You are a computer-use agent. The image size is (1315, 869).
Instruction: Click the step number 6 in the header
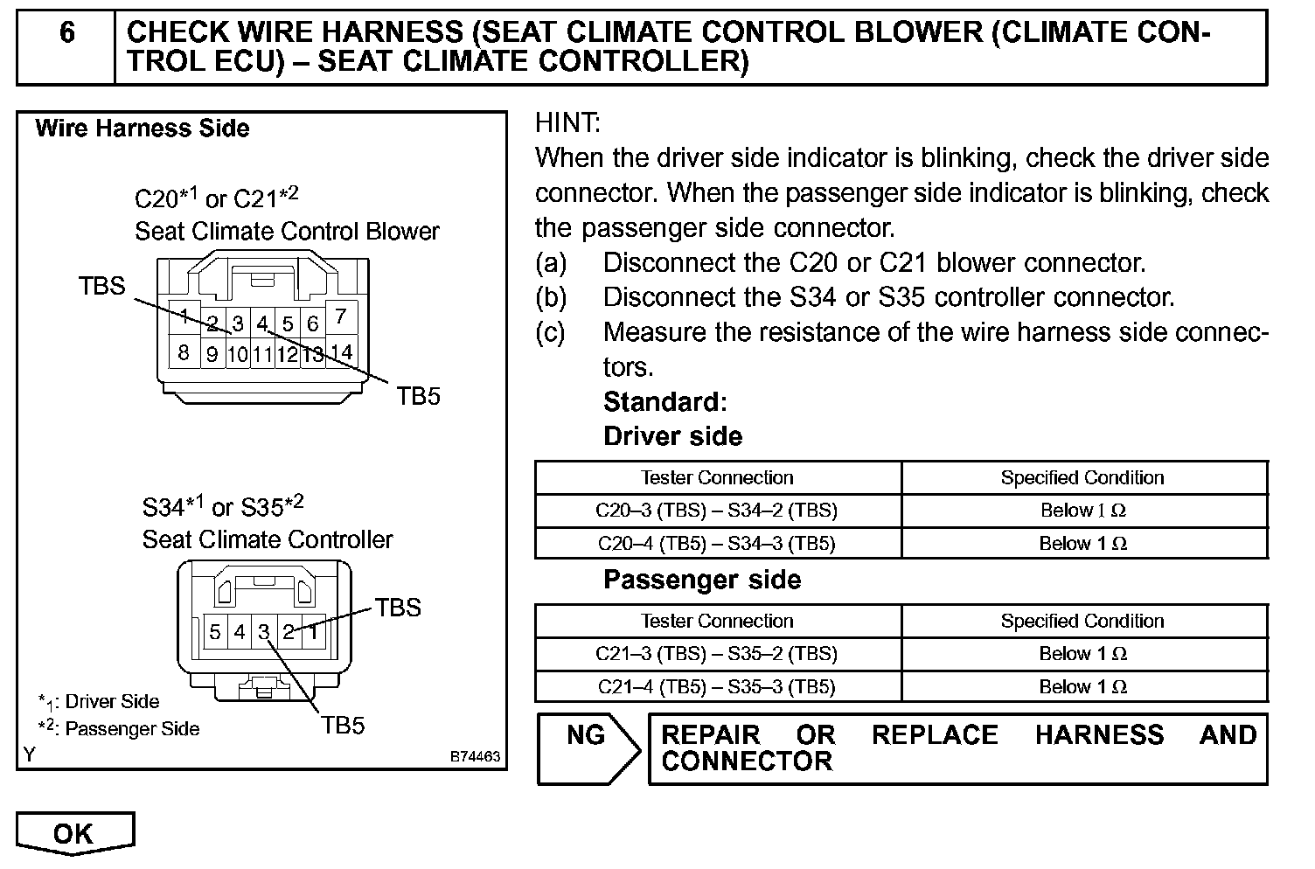66,33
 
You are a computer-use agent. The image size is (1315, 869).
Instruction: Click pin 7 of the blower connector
341,316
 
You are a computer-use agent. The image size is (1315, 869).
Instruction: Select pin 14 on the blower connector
341,351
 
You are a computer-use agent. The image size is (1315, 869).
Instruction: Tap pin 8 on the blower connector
184,352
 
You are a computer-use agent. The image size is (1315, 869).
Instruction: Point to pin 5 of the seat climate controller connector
215,630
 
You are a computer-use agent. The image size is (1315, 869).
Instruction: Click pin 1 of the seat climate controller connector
313,630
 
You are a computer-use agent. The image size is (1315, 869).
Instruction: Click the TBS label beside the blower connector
102,286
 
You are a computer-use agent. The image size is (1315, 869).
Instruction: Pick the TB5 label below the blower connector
418,396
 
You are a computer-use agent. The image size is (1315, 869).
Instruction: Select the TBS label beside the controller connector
398,608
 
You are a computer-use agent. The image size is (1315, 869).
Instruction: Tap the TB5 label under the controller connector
343,725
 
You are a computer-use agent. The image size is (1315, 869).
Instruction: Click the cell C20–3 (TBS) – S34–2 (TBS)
717,511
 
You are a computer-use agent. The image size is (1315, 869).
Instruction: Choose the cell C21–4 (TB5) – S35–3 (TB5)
717,686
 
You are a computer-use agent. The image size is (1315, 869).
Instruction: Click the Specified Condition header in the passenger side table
1082,621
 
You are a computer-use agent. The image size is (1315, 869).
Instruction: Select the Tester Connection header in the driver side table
717,477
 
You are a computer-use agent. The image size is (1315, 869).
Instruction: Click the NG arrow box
588,747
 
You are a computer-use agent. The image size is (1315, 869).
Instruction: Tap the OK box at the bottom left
74,832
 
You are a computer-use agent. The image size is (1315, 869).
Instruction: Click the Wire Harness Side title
143,129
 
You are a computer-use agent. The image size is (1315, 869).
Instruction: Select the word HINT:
567,123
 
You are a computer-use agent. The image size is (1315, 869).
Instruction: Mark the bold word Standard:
664,401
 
